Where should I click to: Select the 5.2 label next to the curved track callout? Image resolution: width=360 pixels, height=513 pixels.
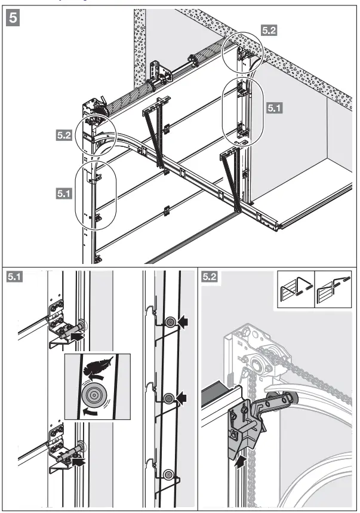tap(64, 136)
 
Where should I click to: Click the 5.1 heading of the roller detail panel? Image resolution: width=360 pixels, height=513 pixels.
tap(15, 276)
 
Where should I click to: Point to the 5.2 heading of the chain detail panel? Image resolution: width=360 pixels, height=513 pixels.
tap(211, 276)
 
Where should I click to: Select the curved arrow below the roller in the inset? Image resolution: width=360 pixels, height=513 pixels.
tap(90, 411)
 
